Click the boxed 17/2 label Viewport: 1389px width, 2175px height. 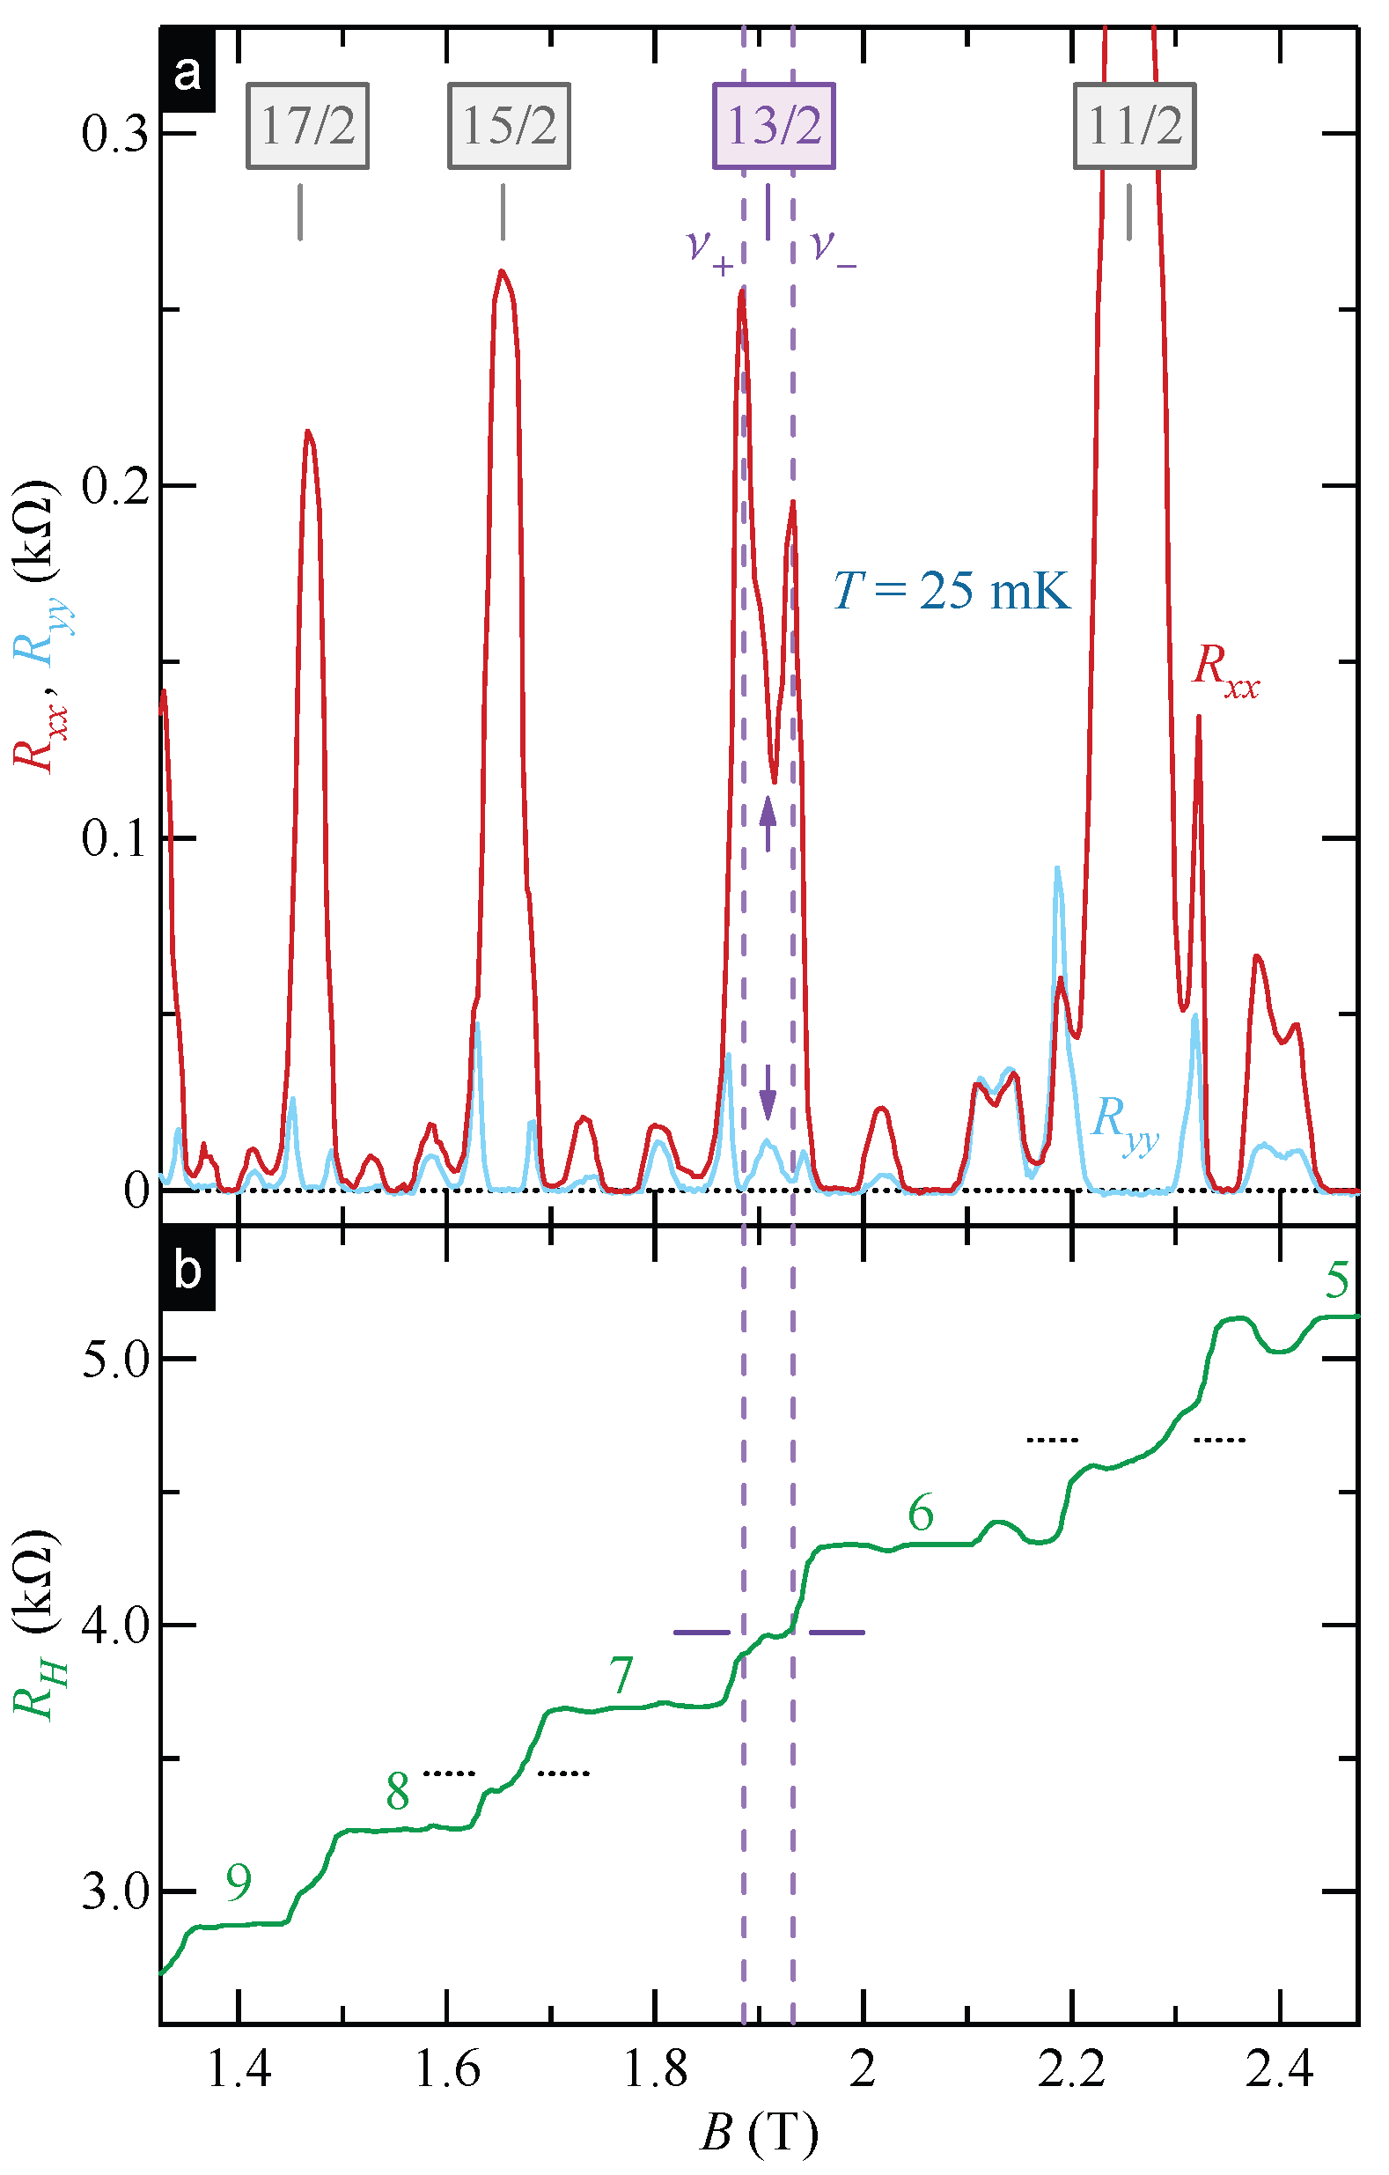point(307,126)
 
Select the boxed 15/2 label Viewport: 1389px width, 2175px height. point(510,126)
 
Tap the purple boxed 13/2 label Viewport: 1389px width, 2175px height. point(774,126)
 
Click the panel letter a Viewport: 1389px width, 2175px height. point(187,72)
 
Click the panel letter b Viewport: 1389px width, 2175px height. point(187,1271)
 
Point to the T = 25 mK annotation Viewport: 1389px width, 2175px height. point(951,592)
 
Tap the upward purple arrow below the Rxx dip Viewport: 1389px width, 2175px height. point(768,822)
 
